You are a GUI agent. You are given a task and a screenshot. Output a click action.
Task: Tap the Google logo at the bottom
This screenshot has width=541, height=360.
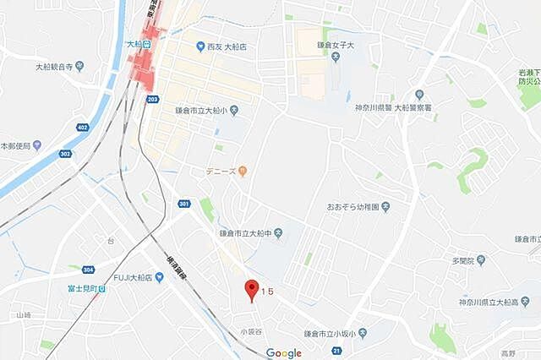pos(283,352)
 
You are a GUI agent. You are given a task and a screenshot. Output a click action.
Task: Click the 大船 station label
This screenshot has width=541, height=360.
pos(134,43)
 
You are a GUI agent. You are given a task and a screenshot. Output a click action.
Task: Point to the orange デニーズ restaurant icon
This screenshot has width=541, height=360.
pos(242,172)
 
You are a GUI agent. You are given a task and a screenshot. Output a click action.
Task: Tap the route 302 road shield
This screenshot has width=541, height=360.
pos(65,154)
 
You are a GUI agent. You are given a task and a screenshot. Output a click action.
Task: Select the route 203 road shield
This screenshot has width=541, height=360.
pos(152,99)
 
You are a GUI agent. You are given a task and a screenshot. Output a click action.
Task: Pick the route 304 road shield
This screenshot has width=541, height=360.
pos(88,270)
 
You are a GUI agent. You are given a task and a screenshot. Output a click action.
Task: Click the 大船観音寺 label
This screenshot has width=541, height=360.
pos(59,65)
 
